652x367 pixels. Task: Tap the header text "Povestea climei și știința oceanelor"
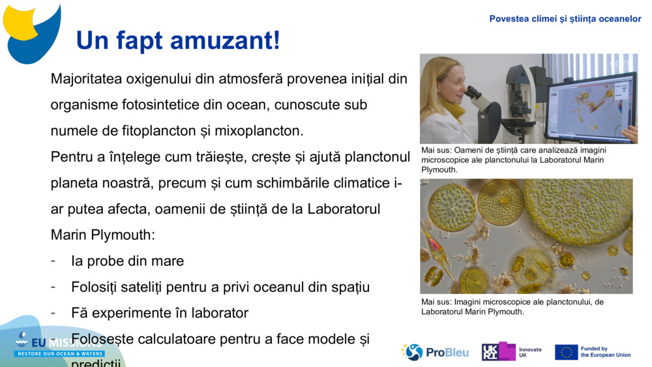click(x=565, y=19)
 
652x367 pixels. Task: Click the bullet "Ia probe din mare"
click(x=127, y=261)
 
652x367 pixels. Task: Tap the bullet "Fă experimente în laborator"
click(x=160, y=313)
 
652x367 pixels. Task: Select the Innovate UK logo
click(x=512, y=352)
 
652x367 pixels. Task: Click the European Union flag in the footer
click(x=566, y=352)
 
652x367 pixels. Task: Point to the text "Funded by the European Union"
click(x=605, y=352)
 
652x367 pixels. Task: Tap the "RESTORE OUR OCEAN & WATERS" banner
click(x=61, y=353)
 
